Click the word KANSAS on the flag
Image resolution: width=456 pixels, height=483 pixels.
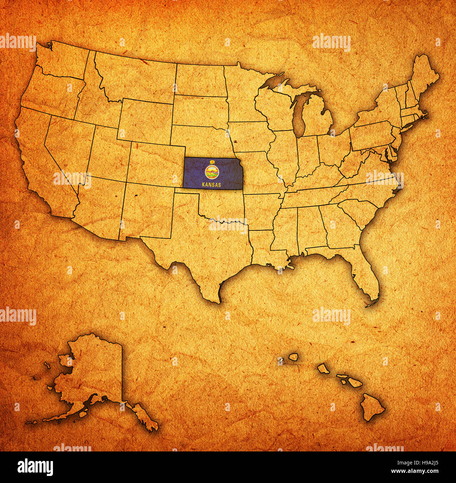pos(212,184)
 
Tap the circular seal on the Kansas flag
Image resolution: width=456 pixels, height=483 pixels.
pos(212,172)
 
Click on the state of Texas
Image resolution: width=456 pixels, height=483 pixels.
pos(210,253)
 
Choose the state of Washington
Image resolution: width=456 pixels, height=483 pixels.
pos(60,61)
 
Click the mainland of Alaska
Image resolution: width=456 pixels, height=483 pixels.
pos(95,372)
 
